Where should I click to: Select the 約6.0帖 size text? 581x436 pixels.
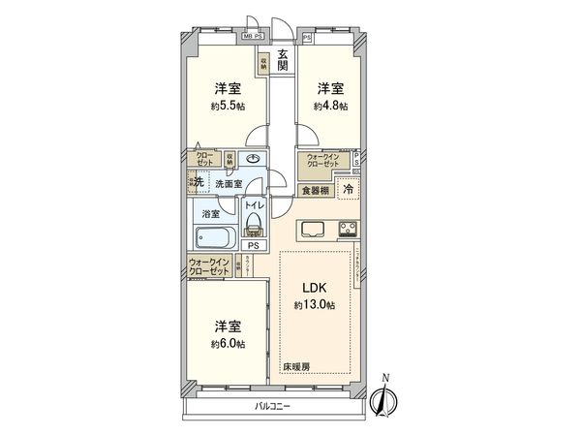pyautogui.click(x=229, y=344)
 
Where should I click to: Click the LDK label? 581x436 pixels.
pyautogui.click(x=315, y=288)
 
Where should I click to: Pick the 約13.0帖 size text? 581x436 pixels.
pyautogui.click(x=315, y=305)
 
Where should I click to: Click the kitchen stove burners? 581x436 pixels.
pyautogui.click(x=346, y=230)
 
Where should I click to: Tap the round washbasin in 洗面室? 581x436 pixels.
pyautogui.click(x=254, y=159)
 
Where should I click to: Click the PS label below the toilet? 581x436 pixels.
pyautogui.click(x=253, y=246)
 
